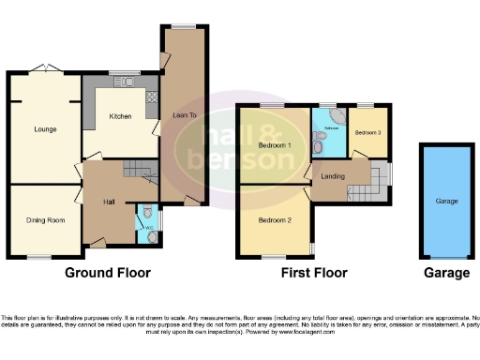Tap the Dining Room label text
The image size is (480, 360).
(x=44, y=220)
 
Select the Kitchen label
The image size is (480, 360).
(x=119, y=116)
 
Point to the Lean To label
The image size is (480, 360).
(x=184, y=116)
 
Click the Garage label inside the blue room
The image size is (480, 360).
(x=446, y=201)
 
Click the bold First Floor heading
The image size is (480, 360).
(x=314, y=273)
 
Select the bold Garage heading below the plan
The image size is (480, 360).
(x=446, y=273)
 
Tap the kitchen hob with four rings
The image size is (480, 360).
(x=151, y=97)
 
